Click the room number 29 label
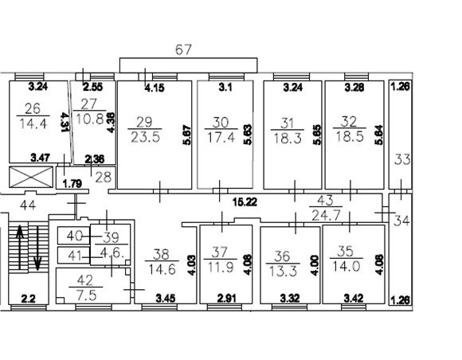[144, 122]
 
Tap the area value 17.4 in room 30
[221, 137]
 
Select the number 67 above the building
[183, 49]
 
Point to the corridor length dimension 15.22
[245, 202]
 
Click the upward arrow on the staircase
[20, 247]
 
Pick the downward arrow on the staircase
[37, 248]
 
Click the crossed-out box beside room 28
[31, 177]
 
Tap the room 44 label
[28, 205]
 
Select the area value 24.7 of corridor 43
[326, 216]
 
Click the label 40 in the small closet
[74, 236]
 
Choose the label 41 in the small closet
[74, 256]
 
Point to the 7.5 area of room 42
[86, 295]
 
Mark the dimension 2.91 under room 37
[225, 299]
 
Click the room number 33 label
[402, 159]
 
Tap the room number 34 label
[402, 221]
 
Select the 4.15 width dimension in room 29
[155, 88]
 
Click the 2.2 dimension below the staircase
[29, 299]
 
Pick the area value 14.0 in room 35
[346, 266]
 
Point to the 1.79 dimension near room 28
[72, 184]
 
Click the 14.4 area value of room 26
[33, 123]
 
